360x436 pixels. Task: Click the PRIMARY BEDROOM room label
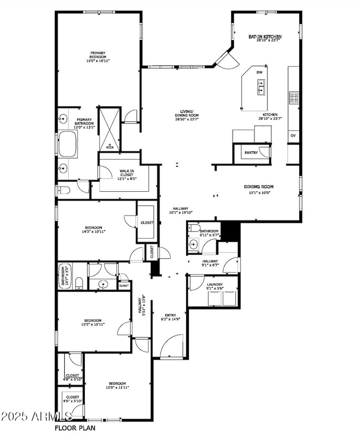coord(97,57)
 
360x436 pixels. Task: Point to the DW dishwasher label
coord(259,73)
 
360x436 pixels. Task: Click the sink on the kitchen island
coord(260,87)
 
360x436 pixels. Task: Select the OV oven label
coord(293,135)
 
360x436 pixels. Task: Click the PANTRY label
coord(251,152)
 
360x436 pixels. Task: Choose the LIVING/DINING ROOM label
coord(187,114)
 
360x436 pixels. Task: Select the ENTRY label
coord(170,317)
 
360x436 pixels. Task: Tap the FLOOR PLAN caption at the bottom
coord(75,428)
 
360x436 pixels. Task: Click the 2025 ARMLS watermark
coord(36,416)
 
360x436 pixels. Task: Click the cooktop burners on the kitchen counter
coord(293,98)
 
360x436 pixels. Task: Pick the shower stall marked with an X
coord(109,129)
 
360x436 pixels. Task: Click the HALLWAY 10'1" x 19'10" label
coord(180,211)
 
